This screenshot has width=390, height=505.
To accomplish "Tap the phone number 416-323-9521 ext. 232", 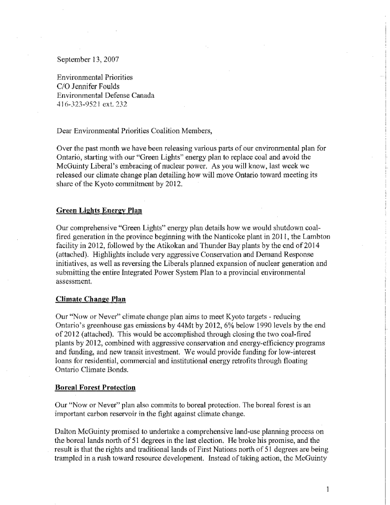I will [x=85, y=104].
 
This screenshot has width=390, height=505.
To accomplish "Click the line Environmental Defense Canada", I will [x=105, y=95].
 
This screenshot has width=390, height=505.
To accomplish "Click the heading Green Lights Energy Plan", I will [x=99, y=211].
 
